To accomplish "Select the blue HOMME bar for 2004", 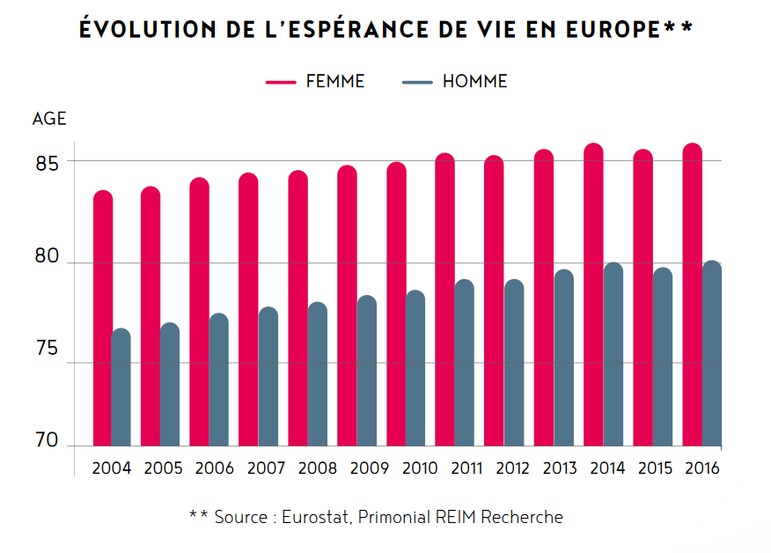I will [x=121, y=387].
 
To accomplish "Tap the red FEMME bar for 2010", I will [x=397, y=305].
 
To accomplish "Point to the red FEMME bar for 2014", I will [x=594, y=296].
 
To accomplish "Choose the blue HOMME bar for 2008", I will [x=318, y=374].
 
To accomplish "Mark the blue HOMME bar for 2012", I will [x=514, y=363].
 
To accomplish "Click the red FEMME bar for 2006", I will [x=200, y=313].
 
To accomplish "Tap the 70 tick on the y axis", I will [x=48, y=440].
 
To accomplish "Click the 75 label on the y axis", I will [x=48, y=350].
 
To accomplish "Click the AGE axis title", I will [x=49, y=119].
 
